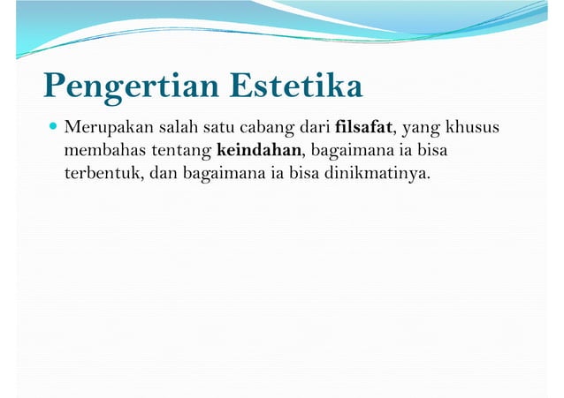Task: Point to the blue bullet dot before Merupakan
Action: [52, 130]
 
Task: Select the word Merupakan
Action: [103, 130]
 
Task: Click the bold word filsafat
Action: [363, 130]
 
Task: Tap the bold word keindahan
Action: [258, 151]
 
